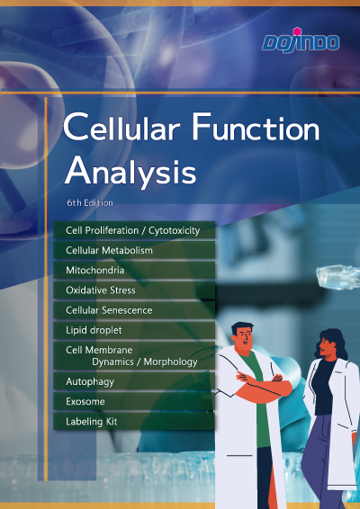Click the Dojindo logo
301,40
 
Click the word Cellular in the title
121,127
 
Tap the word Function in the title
256,127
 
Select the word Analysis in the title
130,172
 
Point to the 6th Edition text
90,203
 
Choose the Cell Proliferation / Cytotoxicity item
132,230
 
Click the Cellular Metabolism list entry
109,250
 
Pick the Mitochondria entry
94,270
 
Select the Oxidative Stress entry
101,290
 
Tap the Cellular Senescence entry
109,310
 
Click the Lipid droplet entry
94,330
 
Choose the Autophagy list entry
90,381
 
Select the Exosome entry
85,402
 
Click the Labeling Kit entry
91,422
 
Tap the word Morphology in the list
171,362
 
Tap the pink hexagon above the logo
297,31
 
